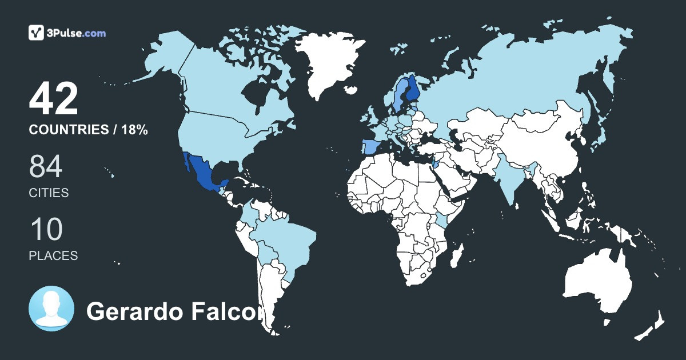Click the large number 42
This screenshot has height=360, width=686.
click(54, 99)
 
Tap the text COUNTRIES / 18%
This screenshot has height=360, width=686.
click(89, 130)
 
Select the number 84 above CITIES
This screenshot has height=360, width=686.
click(46, 166)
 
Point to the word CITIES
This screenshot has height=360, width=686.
click(49, 193)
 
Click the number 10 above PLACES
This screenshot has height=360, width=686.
click(46, 229)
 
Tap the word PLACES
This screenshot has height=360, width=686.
click(53, 255)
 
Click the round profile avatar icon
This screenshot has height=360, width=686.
click(51, 309)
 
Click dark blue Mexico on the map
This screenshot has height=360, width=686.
click(201, 170)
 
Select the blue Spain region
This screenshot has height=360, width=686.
click(369, 148)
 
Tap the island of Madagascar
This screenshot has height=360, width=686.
click(455, 255)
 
